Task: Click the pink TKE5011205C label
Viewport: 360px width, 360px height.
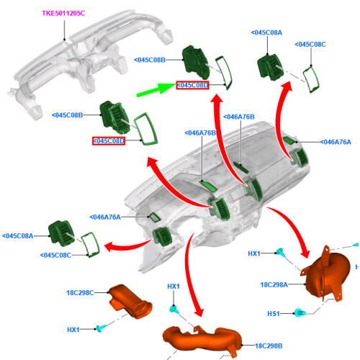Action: click(x=63, y=14)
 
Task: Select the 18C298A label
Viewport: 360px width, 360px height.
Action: click(x=274, y=285)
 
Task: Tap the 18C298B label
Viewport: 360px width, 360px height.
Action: click(x=269, y=346)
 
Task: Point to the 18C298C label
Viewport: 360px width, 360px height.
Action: click(x=80, y=293)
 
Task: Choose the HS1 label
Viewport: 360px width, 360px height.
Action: click(x=274, y=314)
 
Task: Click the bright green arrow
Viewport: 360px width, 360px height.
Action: click(x=156, y=90)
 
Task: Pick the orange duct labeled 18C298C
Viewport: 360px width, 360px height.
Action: click(x=131, y=302)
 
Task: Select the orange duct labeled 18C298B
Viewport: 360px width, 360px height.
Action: click(x=202, y=339)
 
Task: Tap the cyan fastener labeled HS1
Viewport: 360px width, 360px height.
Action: click(x=300, y=312)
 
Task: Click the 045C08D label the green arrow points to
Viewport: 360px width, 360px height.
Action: click(x=192, y=85)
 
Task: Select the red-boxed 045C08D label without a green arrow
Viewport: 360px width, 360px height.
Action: click(x=109, y=141)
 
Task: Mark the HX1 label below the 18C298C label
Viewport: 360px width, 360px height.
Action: click(x=73, y=330)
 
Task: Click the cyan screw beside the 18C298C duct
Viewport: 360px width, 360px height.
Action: click(x=101, y=328)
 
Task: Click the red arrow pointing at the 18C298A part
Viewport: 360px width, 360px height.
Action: click(x=292, y=229)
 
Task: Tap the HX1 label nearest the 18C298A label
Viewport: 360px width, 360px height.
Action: click(x=254, y=253)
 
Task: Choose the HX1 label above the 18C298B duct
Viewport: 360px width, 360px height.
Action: click(x=174, y=287)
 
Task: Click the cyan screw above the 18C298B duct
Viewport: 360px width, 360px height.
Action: click(x=174, y=309)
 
